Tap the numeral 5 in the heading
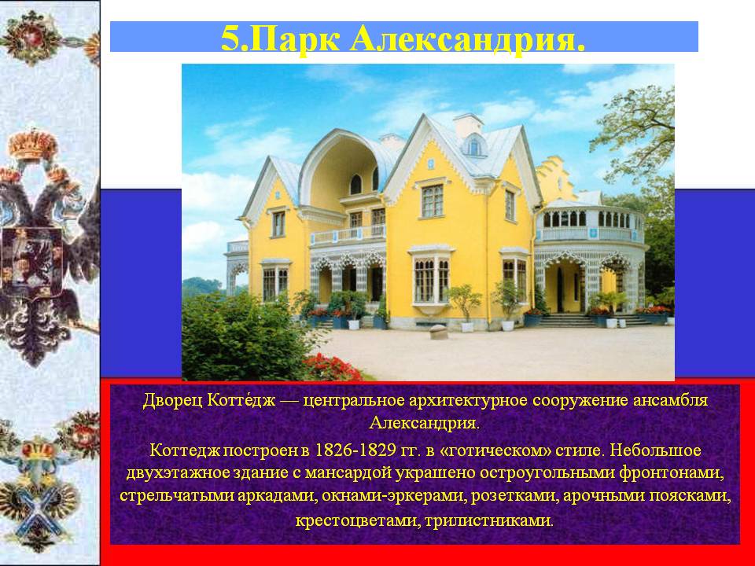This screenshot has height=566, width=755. [x=230, y=38]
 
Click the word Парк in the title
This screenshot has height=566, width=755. [x=296, y=39]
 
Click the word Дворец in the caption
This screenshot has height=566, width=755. [x=173, y=401]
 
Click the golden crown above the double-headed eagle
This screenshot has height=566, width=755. [x=33, y=145]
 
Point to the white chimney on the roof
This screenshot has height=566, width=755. [x=467, y=123]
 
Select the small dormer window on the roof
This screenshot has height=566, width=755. [x=474, y=146]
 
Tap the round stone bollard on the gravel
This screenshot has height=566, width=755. [x=438, y=332]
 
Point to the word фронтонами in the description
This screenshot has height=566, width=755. [x=672, y=473]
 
